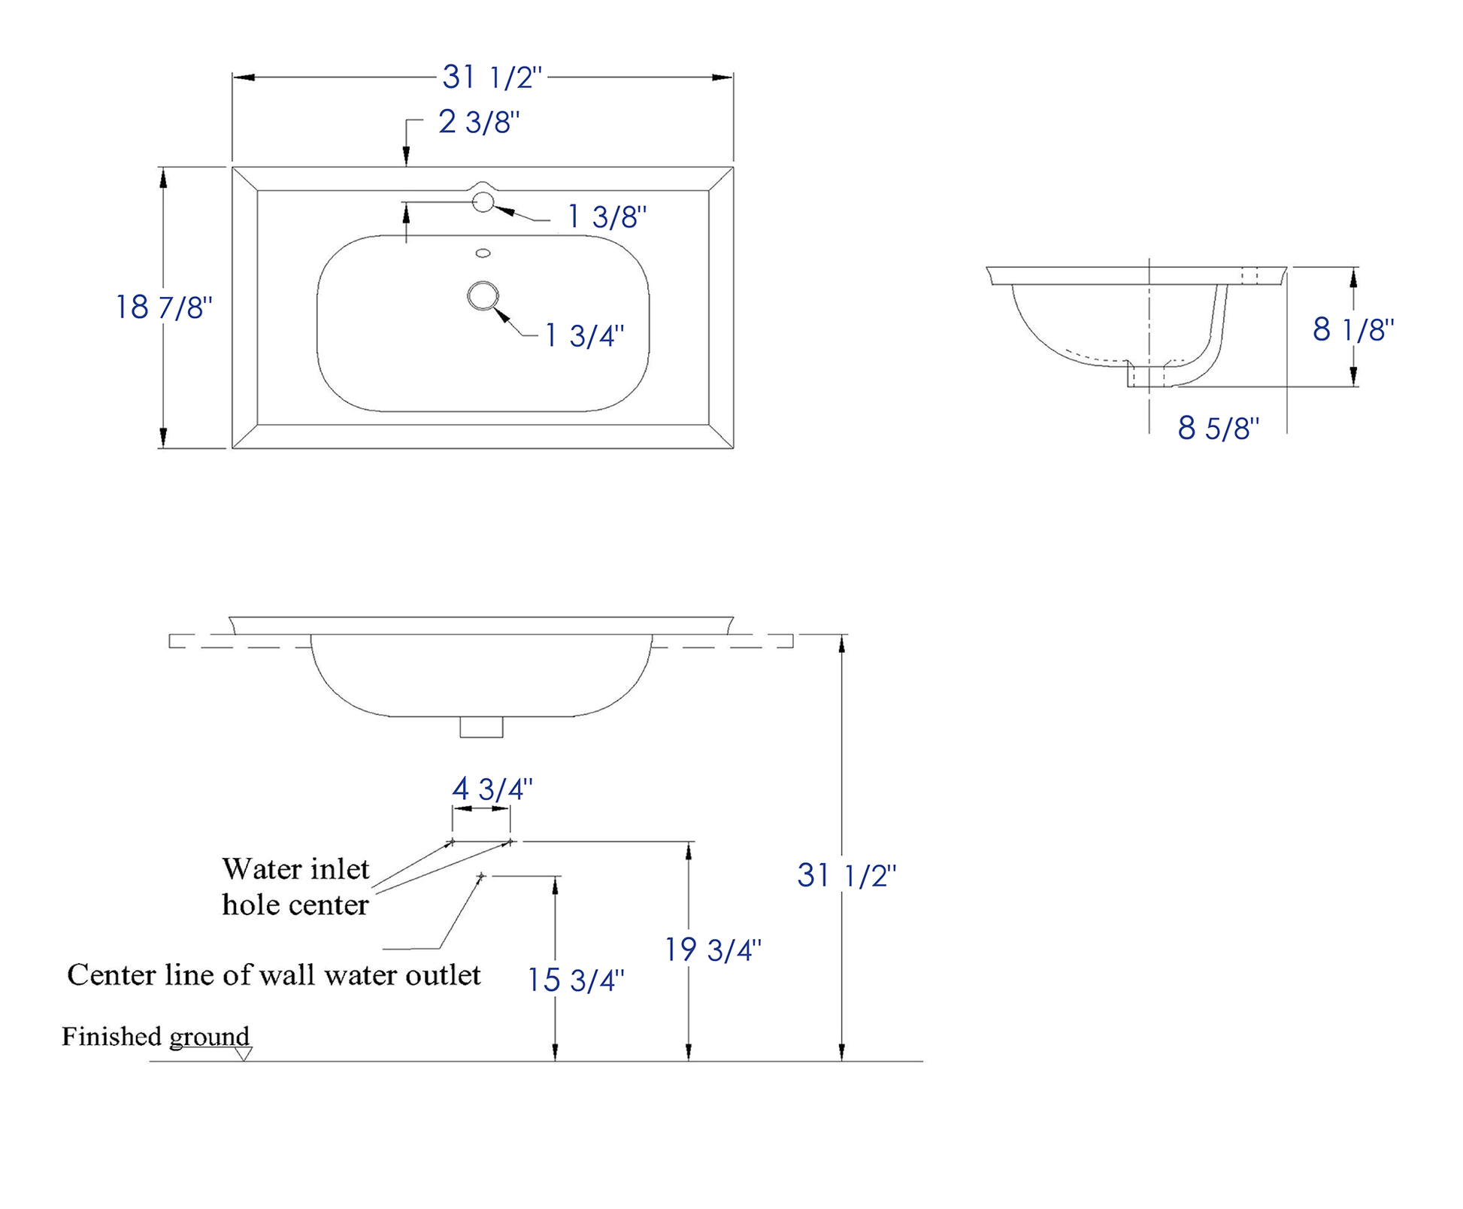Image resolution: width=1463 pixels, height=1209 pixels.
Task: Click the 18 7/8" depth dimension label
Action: (164, 307)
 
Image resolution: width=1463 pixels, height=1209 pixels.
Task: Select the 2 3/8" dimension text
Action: (479, 122)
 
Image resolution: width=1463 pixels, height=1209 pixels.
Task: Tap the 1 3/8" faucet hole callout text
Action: (607, 217)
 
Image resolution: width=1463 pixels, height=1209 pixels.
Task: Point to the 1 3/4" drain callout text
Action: (584, 335)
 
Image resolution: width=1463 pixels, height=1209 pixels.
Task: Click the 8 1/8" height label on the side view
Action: (1353, 329)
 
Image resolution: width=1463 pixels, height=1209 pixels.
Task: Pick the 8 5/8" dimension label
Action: (1219, 428)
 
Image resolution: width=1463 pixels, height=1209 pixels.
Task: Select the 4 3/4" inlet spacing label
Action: (492, 789)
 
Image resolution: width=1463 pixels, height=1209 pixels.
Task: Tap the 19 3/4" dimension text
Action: (713, 950)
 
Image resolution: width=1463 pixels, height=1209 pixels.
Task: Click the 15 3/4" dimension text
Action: (576, 980)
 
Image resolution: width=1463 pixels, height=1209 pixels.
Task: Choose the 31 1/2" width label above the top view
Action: (492, 77)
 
